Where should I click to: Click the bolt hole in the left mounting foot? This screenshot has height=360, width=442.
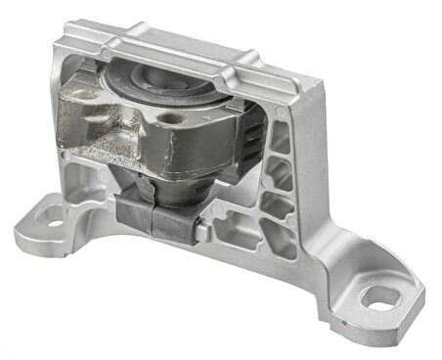click(x=53, y=223)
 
